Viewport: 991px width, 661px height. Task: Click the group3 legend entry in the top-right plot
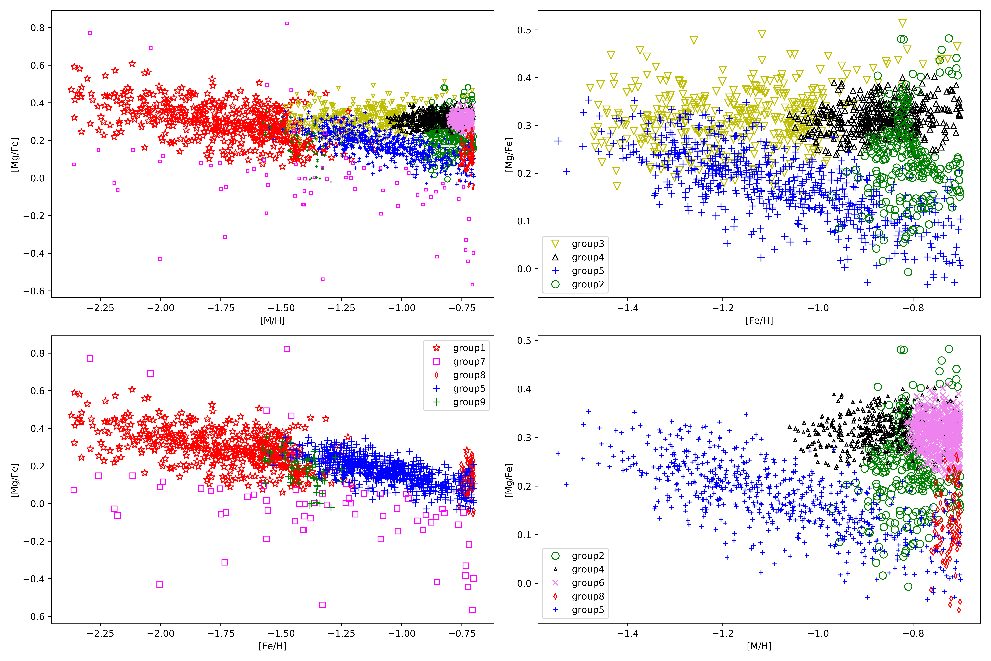click(587, 244)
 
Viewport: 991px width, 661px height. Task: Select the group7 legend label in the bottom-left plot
click(469, 362)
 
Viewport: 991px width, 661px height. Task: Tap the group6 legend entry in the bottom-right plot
click(587, 583)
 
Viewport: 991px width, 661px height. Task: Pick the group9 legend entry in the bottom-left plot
click(469, 402)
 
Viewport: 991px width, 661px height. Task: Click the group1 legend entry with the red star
click(469, 348)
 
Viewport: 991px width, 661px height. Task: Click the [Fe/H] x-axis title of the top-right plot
click(759, 320)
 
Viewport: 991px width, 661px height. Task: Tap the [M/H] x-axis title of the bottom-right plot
click(759, 646)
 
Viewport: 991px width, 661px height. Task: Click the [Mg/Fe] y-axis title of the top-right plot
click(509, 154)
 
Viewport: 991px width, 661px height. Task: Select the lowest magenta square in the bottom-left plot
click(472, 610)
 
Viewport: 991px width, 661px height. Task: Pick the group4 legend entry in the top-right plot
click(587, 257)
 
